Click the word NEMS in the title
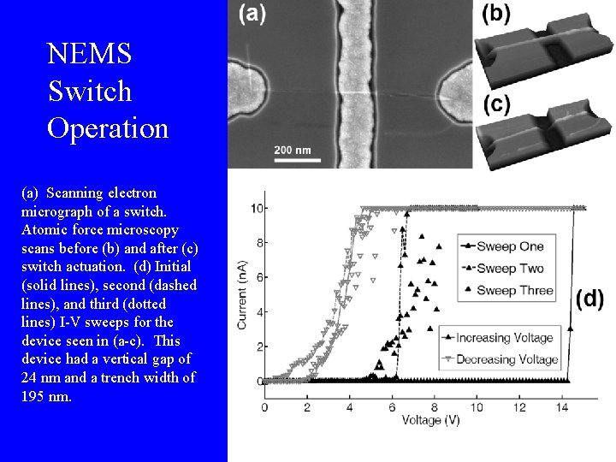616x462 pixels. pos(90,54)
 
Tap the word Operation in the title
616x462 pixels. pos(108,128)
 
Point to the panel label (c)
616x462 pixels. pos(497,104)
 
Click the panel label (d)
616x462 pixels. pos(590,299)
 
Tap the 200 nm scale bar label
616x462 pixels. pos(293,150)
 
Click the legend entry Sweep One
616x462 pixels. pos(509,246)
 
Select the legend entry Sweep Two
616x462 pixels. pos(509,269)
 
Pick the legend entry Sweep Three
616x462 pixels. pos(514,291)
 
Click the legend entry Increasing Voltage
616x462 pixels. pos(504,337)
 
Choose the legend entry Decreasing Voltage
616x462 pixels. pos(506,359)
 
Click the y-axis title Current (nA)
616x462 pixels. pos(242,294)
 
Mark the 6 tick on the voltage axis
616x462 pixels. pos(392,406)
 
